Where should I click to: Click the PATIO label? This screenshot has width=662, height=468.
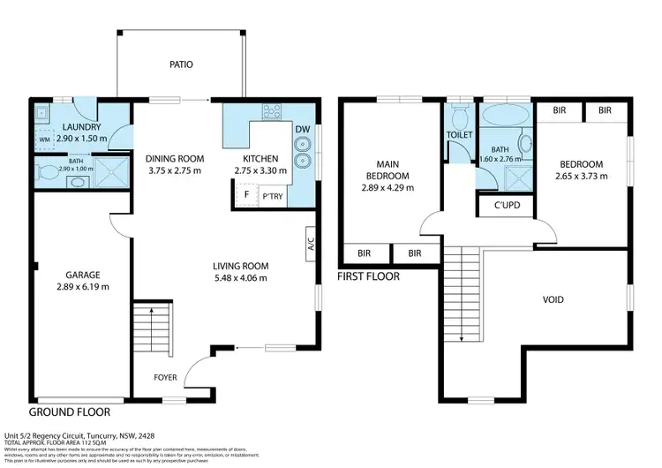tap(181, 64)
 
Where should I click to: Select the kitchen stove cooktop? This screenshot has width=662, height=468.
tap(272, 112)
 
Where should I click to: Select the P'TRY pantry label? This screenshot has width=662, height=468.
tap(273, 196)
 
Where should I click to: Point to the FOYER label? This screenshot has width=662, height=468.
tap(165, 378)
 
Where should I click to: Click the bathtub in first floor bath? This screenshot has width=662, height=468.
tap(503, 115)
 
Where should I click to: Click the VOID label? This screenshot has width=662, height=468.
tap(553, 299)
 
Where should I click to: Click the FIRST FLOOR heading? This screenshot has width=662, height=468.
tap(369, 276)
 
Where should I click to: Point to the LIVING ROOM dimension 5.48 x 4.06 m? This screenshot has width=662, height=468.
tap(240, 278)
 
